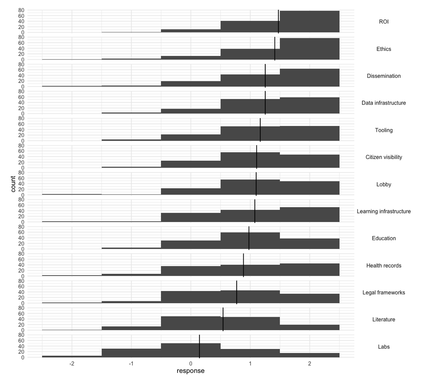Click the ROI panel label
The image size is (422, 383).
pos(384,22)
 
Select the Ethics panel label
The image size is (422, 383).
pos(384,49)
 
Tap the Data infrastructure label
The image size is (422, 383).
pos(384,103)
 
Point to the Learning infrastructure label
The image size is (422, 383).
pos(384,211)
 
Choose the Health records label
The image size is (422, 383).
pos(384,266)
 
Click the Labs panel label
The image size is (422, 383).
pos(384,347)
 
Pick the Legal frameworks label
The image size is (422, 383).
pos(384,293)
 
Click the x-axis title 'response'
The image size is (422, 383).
pos(190,371)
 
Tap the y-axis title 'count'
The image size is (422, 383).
pos(13,184)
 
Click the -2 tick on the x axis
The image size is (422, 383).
pos(72,364)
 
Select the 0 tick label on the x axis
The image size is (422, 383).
pos(191,364)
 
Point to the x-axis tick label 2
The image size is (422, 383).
pos(309,364)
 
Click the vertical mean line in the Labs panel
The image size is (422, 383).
pos(199,346)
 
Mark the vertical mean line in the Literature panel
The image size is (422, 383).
pos(223,319)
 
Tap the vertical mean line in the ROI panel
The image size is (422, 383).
pos(278,22)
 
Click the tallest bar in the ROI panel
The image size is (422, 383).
pos(309,22)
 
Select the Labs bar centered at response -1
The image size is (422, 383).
pos(131,353)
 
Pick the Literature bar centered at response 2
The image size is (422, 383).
pos(309,327)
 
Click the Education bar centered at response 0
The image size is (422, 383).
pos(191,245)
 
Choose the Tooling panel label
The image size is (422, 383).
pos(384,130)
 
